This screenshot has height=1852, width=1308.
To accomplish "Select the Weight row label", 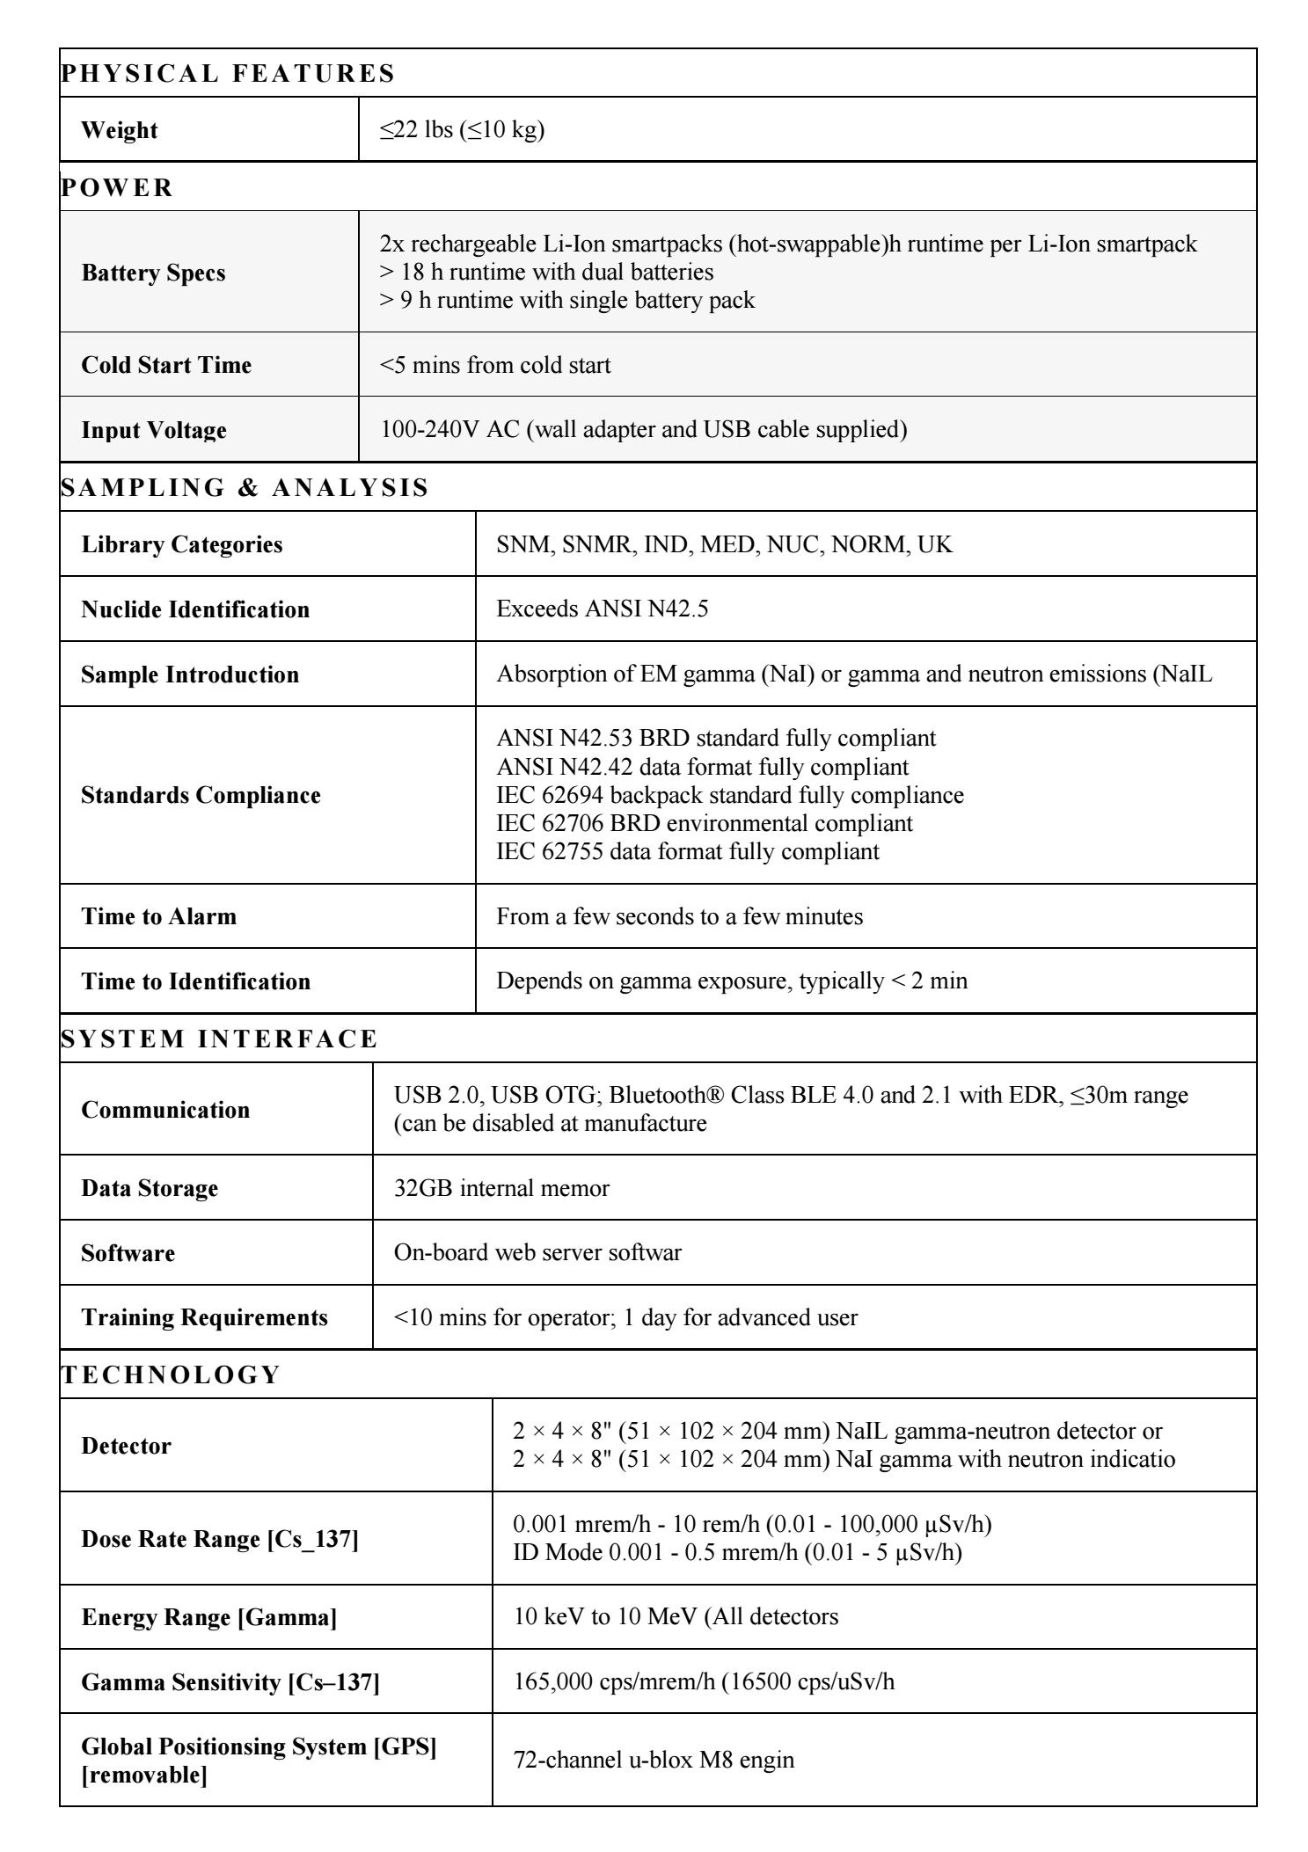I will pyautogui.click(x=119, y=130).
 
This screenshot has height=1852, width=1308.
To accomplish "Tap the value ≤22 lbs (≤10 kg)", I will pyautogui.click(x=462, y=130).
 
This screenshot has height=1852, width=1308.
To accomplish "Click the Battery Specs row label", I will pyautogui.click(x=153, y=273).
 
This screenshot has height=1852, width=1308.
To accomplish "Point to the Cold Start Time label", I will pyautogui.click(x=166, y=365).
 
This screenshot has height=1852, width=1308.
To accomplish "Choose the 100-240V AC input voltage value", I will pyautogui.click(x=643, y=429).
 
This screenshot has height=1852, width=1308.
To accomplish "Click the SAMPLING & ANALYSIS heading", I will pyautogui.click(x=245, y=487).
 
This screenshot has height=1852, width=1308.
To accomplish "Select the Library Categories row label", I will pyautogui.click(x=182, y=544).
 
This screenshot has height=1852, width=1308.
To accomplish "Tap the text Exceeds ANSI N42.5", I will pyautogui.click(x=602, y=609).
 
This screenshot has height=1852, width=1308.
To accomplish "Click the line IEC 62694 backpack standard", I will pyautogui.click(x=730, y=795).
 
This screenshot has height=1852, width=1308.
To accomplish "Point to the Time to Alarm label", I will pyautogui.click(x=159, y=916).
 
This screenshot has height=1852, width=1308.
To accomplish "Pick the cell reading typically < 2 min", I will pyautogui.click(x=732, y=981).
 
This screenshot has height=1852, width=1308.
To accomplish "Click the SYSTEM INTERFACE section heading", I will pyautogui.click(x=220, y=1039).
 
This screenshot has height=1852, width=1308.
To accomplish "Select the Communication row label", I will pyautogui.click(x=165, y=1110).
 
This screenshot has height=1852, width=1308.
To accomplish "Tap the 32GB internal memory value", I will pyautogui.click(x=501, y=1188).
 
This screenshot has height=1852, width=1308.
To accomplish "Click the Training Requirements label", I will pyautogui.click(x=204, y=1317).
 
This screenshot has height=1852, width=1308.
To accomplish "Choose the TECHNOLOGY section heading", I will pyautogui.click(x=171, y=1374).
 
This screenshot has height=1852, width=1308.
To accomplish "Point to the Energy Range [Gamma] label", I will pyautogui.click(x=209, y=1617).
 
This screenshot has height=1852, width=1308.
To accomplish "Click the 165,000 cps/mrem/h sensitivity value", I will pyautogui.click(x=704, y=1681).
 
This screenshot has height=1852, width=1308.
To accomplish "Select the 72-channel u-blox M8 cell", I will pyautogui.click(x=654, y=1760).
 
